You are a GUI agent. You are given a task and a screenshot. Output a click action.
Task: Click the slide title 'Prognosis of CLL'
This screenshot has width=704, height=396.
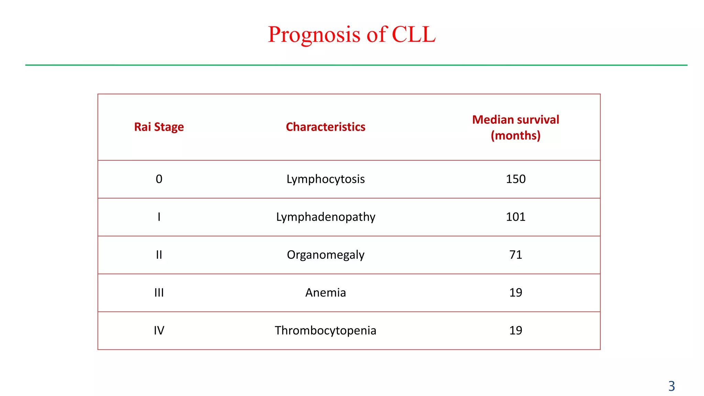coord(352,34)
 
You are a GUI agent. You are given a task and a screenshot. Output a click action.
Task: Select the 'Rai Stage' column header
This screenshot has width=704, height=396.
coord(159,127)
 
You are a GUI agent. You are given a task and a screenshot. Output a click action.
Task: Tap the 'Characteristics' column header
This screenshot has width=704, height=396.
coord(326,127)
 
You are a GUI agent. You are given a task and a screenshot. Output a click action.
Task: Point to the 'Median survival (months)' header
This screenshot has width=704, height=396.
coord(515,128)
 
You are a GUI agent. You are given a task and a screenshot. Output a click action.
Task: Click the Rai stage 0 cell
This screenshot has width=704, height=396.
coord(159,179)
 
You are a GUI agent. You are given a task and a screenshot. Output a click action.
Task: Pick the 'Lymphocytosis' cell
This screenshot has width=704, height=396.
coord(326,179)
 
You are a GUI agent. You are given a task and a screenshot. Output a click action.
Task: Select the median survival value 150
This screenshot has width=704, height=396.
coord(516,179)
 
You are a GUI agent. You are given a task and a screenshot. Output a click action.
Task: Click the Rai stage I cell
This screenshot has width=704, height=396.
coord(159,217)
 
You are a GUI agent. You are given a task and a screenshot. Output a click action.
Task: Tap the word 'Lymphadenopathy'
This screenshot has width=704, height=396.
coord(326,217)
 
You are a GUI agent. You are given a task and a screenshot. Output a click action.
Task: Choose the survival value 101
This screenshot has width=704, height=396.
coord(516,217)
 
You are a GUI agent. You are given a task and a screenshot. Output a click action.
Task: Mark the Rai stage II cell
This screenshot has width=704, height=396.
coord(159,255)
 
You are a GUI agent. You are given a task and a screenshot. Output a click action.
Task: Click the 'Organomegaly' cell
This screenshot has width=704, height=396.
coord(326,255)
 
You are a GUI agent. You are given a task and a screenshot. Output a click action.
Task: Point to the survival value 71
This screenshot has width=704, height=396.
coord(516,255)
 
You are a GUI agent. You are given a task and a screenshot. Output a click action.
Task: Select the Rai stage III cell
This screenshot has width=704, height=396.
coord(159,293)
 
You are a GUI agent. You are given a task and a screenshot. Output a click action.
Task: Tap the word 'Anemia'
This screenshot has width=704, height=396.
coord(326,293)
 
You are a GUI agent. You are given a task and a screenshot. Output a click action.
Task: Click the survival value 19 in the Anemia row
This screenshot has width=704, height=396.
coord(516,293)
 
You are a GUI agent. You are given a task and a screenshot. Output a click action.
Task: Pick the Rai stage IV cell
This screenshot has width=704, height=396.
coord(159,330)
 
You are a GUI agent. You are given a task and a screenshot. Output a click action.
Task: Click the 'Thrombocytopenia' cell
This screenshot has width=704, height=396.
coord(326,330)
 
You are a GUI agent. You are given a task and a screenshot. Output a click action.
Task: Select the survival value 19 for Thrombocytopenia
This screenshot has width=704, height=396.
coord(516,330)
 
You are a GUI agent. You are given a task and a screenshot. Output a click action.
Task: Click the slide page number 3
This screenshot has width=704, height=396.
coord(671,386)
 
